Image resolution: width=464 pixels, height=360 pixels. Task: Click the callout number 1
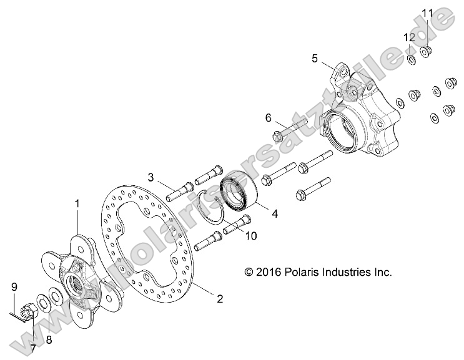tap(77, 203)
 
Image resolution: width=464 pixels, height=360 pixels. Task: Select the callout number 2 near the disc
tap(219, 299)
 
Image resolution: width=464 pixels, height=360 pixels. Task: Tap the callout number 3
tap(151, 177)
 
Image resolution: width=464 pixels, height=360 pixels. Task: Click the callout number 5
tap(316, 59)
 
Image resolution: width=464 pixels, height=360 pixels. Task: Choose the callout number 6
tap(268, 118)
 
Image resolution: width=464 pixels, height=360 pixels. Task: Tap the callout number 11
tap(427, 13)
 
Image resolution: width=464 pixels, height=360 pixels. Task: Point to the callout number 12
tap(408, 37)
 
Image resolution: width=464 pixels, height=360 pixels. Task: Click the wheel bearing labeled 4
tap(240, 195)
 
